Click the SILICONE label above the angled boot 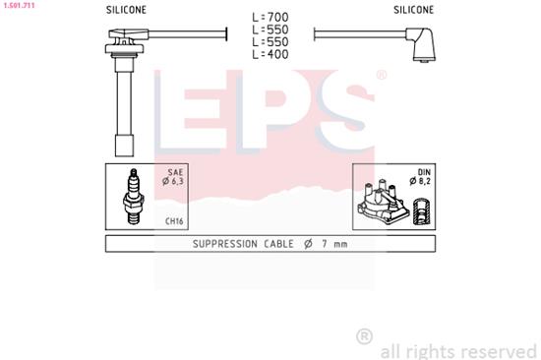point(413,9)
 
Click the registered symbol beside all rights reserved point(364,336)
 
